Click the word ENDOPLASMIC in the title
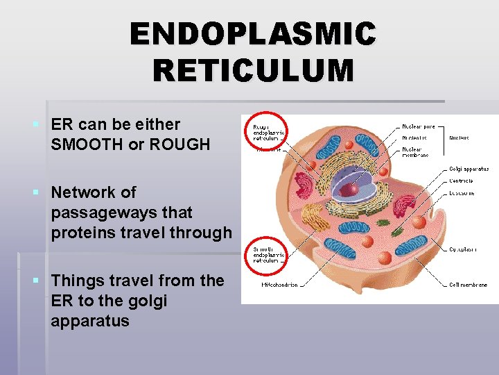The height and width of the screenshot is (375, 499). click(253, 34)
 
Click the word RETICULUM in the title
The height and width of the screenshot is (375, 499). click(253, 70)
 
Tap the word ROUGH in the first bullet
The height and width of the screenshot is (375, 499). click(182, 144)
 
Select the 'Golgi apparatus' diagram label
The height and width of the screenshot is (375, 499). click(469, 168)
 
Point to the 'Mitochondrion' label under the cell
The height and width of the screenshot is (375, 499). click(279, 285)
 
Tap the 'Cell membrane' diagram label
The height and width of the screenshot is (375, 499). click(468, 285)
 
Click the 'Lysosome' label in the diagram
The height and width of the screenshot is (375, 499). click(462, 192)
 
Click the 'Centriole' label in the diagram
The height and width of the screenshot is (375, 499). click(462, 181)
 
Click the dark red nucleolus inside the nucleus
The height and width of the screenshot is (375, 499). click(353, 188)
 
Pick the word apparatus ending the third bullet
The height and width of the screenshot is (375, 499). click(89, 321)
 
